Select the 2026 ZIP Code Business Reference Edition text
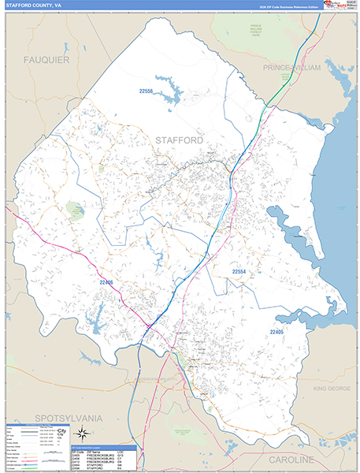pos(291,6)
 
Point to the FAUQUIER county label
pos(46,60)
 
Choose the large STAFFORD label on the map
pos(178,140)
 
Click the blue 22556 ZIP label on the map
pos(147,91)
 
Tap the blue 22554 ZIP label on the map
pos(239,271)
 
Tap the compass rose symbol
pos(81,432)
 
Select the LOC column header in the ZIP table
pos(131,451)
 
